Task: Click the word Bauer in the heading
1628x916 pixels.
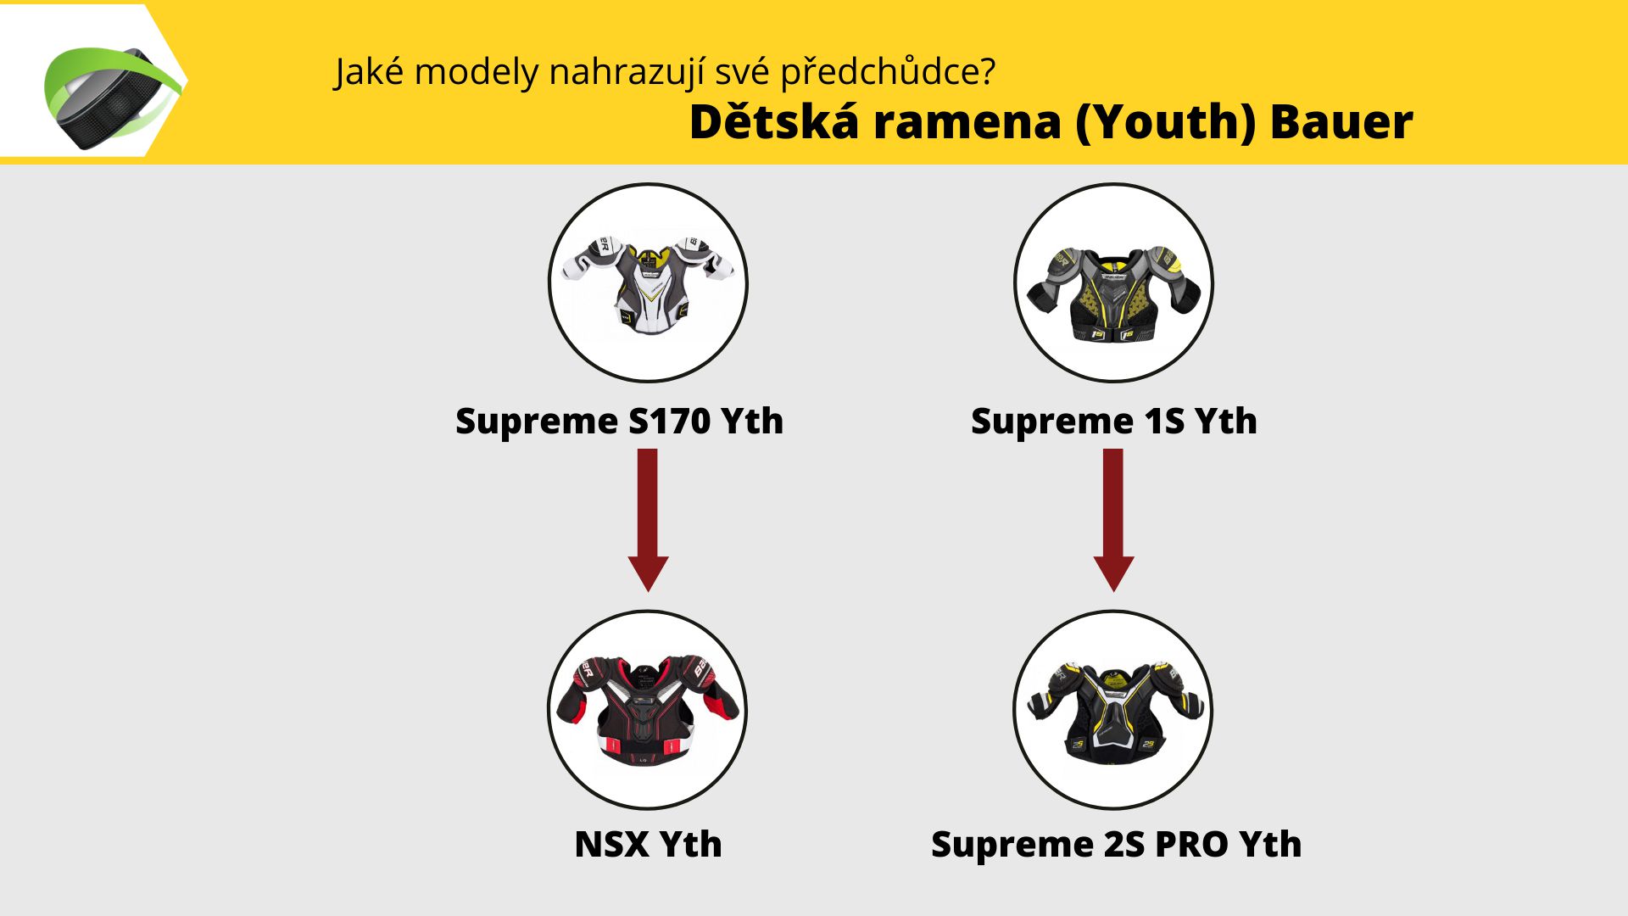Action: click(x=1341, y=121)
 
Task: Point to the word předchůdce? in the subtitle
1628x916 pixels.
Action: click(x=888, y=72)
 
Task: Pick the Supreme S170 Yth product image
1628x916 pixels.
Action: click(x=648, y=282)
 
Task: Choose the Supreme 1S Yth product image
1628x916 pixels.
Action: click(x=1113, y=282)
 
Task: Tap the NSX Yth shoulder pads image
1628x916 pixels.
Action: click(x=648, y=709)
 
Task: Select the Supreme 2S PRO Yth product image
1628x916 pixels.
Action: click(x=1113, y=709)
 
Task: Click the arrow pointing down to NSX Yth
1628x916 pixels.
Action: click(x=648, y=520)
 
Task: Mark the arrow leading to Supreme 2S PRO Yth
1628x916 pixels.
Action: click(x=1113, y=520)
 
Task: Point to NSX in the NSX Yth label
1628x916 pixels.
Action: click(x=612, y=844)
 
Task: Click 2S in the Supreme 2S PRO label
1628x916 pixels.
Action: click(x=1124, y=844)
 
